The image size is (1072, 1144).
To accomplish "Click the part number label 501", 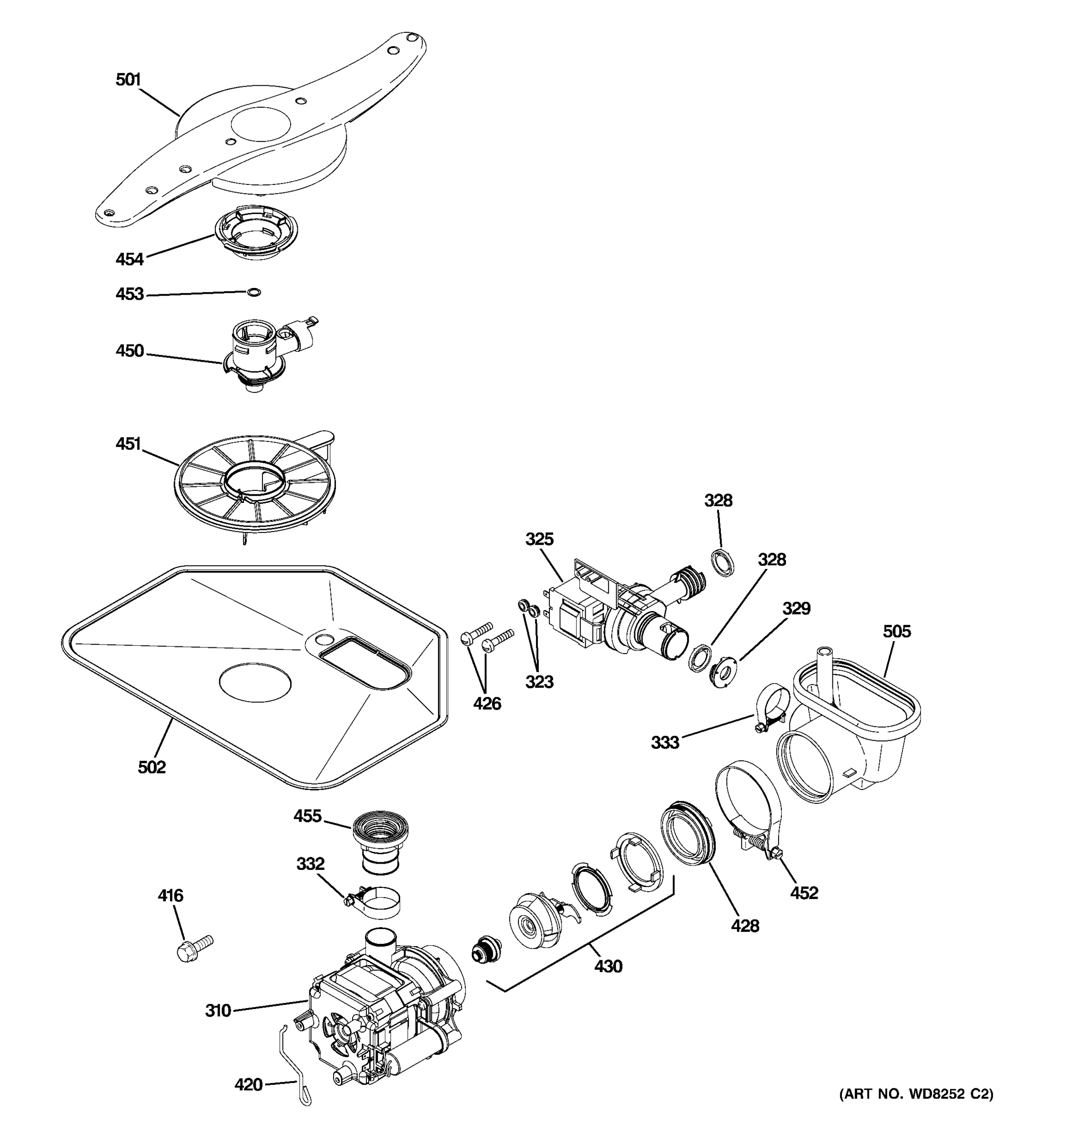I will pos(128,80).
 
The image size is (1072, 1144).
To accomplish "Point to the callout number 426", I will pos(486,703).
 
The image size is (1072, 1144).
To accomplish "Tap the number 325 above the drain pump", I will pos(539,539).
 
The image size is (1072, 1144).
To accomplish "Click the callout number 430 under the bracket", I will pos(608,966).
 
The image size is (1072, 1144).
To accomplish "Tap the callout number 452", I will pos(803,892).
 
